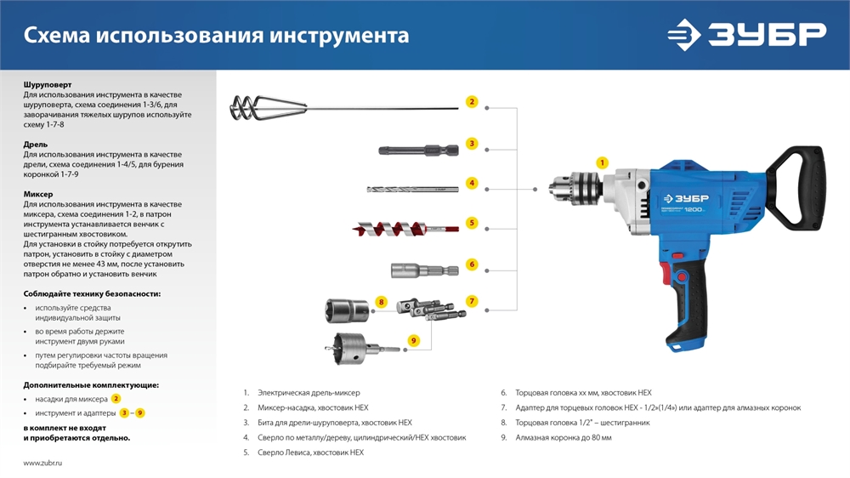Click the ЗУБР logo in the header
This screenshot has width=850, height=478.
click(745, 35)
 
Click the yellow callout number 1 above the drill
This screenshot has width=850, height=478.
click(603, 162)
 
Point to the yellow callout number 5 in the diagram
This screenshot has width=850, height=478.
click(472, 224)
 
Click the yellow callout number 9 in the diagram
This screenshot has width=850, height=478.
click(414, 340)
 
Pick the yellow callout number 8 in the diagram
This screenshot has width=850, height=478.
click(382, 302)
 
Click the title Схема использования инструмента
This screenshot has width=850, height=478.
click(216, 36)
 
